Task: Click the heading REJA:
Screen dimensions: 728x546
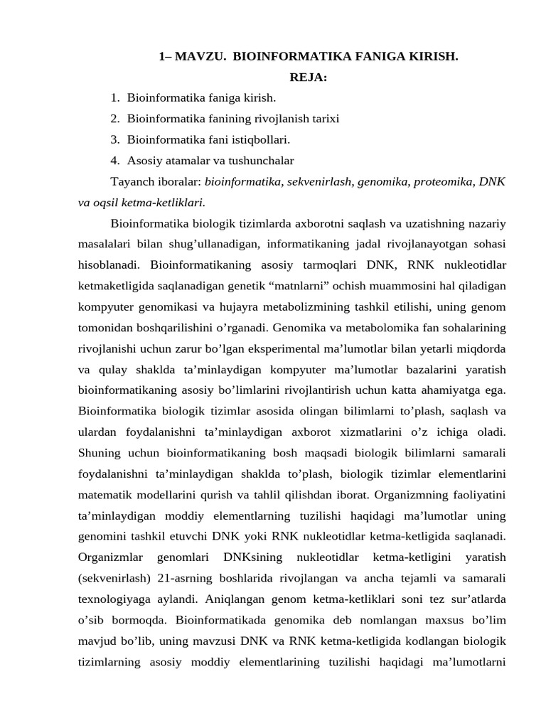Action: click(308, 77)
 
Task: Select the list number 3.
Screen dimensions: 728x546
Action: click(114, 139)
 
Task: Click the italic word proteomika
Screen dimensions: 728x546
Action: click(441, 181)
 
